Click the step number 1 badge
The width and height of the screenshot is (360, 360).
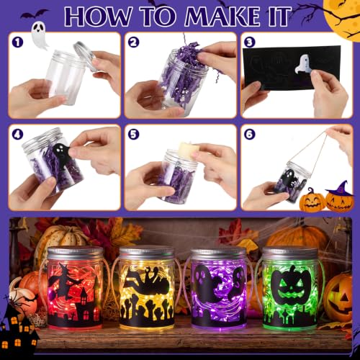18,42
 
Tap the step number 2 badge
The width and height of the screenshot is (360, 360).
134,42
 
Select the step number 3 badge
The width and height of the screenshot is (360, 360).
250,42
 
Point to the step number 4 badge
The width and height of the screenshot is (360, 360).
18,134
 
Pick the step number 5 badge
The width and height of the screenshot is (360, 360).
134,134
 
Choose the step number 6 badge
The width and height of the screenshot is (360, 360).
250,134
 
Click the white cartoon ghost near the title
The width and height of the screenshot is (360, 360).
40,36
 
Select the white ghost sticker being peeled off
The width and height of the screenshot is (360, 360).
303,63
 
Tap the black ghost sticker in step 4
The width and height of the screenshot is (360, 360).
60,153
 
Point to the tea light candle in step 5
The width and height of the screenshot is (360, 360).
189,150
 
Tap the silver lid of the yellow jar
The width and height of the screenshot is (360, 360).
147,254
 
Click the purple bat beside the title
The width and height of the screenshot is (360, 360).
34,14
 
